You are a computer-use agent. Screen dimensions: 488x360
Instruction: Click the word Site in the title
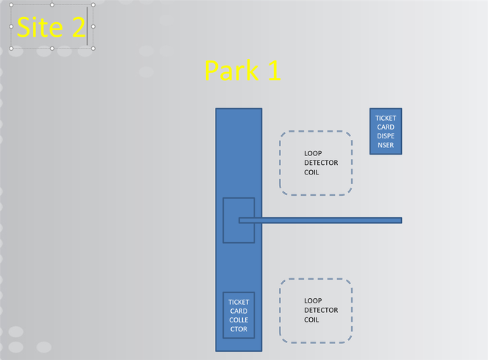tap(40, 27)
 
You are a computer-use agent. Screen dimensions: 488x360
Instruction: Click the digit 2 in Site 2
tap(79, 27)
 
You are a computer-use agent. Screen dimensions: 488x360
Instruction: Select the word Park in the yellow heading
tap(232, 71)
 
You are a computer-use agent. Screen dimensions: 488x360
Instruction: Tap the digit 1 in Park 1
tap(275, 71)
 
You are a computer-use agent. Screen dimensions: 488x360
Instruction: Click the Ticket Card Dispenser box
tap(386, 132)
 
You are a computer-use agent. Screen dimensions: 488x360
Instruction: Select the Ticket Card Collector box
tap(238, 315)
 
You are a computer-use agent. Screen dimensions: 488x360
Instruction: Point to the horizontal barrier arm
tap(320, 220)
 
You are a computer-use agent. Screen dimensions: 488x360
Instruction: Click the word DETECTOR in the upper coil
tap(321, 163)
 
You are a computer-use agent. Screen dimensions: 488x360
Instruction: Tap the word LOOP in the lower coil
tap(313, 301)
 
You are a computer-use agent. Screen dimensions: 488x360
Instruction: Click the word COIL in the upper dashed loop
tap(311, 172)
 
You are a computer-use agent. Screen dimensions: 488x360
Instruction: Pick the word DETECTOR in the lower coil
tap(321, 310)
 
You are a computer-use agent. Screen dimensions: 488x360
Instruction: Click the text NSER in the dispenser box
tap(386, 145)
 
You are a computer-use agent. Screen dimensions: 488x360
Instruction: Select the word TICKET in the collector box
tap(238, 302)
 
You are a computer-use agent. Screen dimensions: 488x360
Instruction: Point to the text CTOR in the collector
tap(238, 329)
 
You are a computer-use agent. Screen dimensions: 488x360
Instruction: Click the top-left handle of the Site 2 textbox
tap(11, 5)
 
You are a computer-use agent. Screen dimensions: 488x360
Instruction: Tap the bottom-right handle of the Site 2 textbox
tap(93, 49)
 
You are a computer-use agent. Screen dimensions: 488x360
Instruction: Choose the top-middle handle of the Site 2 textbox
tap(52, 5)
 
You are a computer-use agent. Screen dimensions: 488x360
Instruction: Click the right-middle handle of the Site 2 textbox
tap(93, 27)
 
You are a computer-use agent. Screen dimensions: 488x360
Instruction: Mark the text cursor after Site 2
tap(87, 27)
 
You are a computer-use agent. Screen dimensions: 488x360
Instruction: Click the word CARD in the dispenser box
tap(386, 127)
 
